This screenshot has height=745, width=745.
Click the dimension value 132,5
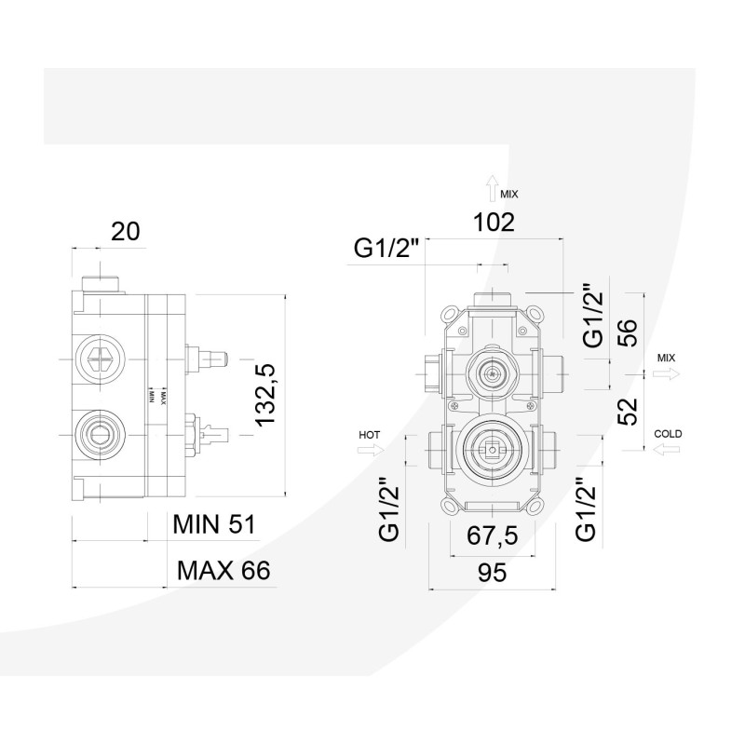pos(268,396)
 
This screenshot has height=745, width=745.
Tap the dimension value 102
pos(493,223)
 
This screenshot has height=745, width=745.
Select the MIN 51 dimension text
pos(213,523)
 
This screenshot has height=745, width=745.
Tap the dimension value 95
pos(493,574)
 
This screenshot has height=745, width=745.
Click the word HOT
pos(371,434)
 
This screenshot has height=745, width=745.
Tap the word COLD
pos(668,434)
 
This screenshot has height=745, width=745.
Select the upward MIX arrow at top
pos(491,193)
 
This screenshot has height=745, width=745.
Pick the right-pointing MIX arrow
pos(667,372)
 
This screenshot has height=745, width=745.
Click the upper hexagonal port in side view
pos(99,358)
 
